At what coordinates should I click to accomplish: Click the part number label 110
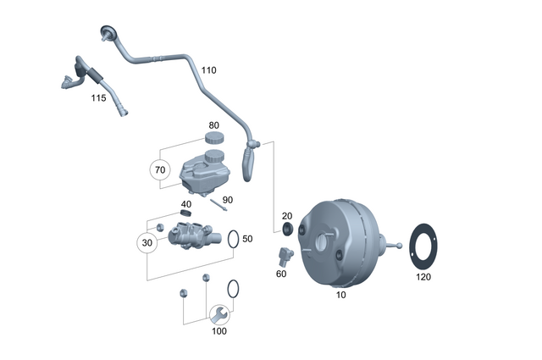click(208, 69)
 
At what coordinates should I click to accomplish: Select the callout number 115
click(99, 98)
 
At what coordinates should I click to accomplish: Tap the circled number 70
click(159, 169)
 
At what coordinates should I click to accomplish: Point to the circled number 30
click(148, 243)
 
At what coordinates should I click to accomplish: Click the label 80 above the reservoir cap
click(213, 125)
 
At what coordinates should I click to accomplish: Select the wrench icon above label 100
click(219, 316)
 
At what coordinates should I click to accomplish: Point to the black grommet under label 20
click(287, 230)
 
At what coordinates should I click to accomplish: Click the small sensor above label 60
click(285, 254)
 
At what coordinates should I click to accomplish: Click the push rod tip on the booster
click(397, 246)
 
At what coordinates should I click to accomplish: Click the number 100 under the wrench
click(218, 331)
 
